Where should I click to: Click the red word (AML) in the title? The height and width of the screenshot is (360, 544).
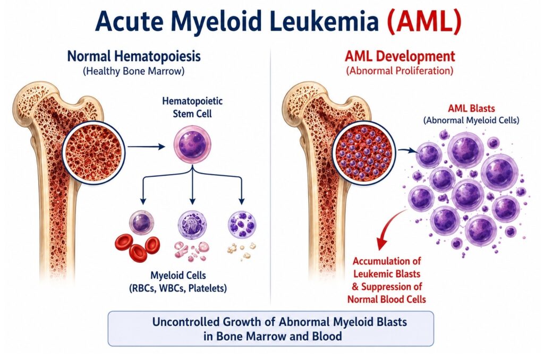click(424, 22)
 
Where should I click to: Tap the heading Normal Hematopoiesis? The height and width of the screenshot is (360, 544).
click(134, 56)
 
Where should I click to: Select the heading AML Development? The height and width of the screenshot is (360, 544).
click(399, 56)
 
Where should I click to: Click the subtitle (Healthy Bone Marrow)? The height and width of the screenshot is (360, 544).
click(133, 72)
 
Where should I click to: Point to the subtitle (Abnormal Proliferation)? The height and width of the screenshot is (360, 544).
click(399, 71)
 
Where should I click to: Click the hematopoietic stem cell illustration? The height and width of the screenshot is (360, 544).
click(192, 144)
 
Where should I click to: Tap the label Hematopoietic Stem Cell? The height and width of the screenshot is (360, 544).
click(192, 107)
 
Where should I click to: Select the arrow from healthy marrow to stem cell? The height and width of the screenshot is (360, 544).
click(146, 147)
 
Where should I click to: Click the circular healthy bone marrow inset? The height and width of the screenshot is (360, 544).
click(93, 151)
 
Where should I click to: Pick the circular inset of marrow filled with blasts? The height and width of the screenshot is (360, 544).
click(363, 153)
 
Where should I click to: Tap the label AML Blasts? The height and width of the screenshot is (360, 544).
click(471, 108)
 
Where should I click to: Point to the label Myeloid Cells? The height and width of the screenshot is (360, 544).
click(178, 276)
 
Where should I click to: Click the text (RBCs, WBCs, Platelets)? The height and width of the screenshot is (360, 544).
click(177, 288)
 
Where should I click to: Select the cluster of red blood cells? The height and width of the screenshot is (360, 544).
click(137, 246)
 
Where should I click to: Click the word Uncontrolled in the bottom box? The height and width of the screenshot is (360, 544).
click(185, 322)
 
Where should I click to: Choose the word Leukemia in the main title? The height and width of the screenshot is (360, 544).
click(325, 22)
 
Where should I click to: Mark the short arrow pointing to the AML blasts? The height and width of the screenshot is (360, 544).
click(406, 150)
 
